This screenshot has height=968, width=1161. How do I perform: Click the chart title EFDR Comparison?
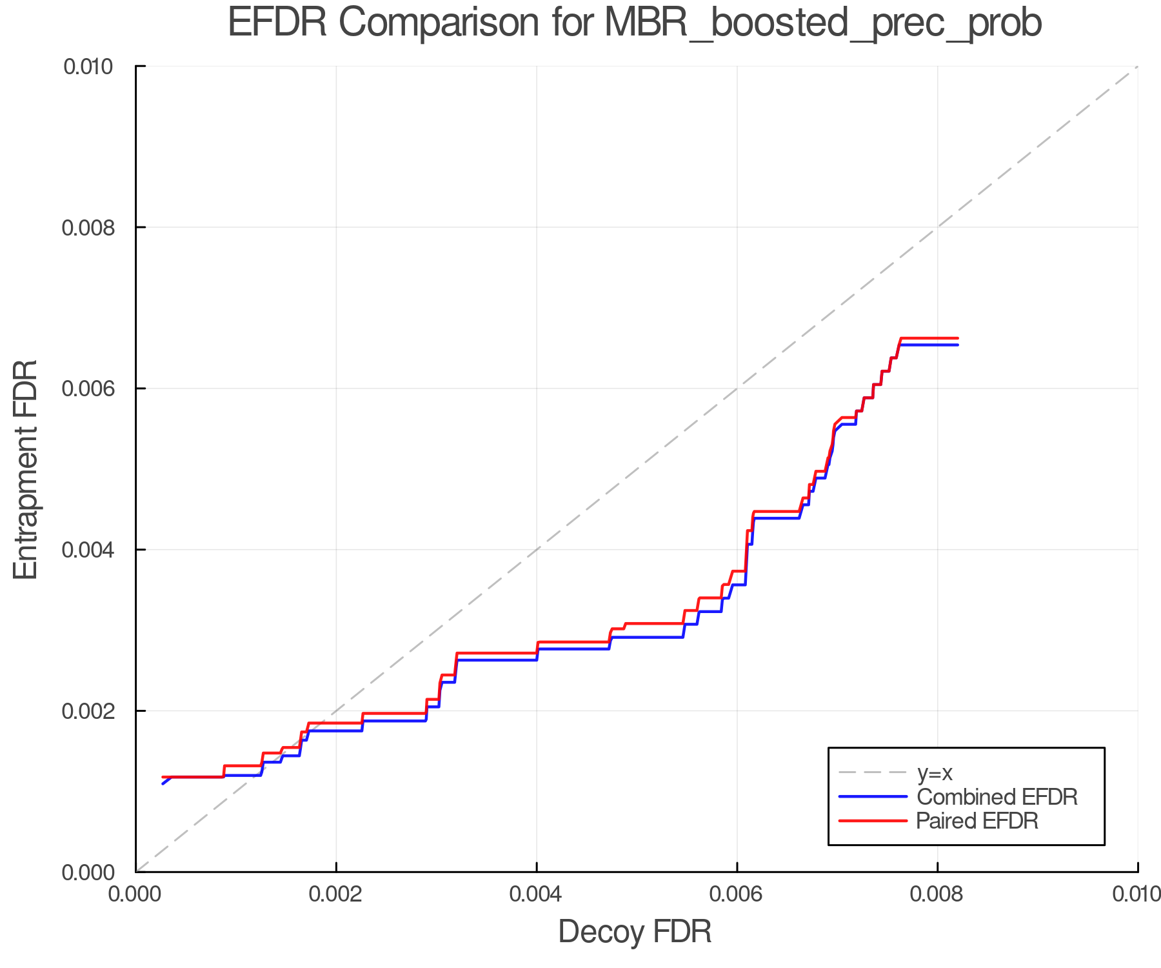pos(635,23)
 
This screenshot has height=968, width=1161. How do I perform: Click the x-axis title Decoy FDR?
pos(635,932)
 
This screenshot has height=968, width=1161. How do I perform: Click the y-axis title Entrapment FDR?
pos(26,469)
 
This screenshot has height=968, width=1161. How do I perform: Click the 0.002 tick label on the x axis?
pos(336,894)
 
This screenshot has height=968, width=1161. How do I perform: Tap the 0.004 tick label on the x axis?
pos(537,894)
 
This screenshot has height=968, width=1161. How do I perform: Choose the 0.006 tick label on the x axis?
pos(737,894)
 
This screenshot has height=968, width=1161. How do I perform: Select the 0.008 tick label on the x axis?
pos(937,894)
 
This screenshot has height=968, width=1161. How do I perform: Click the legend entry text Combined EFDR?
pos(997,797)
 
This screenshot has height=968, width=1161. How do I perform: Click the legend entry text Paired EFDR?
pos(977,821)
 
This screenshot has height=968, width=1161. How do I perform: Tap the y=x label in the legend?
pos(935,772)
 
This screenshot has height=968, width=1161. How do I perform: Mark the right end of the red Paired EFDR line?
pos(958,338)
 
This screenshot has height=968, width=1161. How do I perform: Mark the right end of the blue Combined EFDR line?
pos(958,345)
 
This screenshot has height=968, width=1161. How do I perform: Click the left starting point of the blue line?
pos(163,783)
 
